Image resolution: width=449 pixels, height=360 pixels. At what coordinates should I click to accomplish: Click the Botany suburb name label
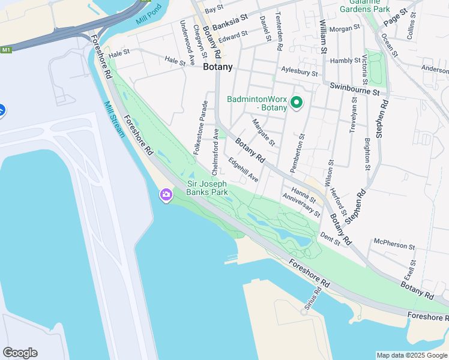coord(217,67)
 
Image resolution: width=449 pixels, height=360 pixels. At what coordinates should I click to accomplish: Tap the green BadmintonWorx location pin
coord(296,103)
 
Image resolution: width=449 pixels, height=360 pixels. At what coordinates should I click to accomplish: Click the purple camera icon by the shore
coord(166,195)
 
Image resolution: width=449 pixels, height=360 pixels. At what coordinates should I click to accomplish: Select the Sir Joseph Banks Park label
coord(207,188)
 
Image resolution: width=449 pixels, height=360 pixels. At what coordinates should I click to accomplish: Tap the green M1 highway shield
coord(6,50)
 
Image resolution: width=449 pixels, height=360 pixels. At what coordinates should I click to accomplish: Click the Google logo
coord(20,353)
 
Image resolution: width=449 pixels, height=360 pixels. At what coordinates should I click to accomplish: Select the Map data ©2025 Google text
coord(411,355)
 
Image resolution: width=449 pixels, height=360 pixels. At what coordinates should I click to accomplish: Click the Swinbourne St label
coord(355,89)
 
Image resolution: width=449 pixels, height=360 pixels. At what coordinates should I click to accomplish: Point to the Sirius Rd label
coord(312,298)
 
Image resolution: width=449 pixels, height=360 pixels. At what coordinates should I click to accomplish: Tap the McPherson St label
coord(394,245)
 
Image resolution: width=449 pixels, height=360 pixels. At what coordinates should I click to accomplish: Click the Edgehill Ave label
coord(243,170)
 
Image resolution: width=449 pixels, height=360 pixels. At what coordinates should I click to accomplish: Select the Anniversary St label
coord(301,205)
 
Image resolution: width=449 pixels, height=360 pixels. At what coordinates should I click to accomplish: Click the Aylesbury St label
coord(299,72)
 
